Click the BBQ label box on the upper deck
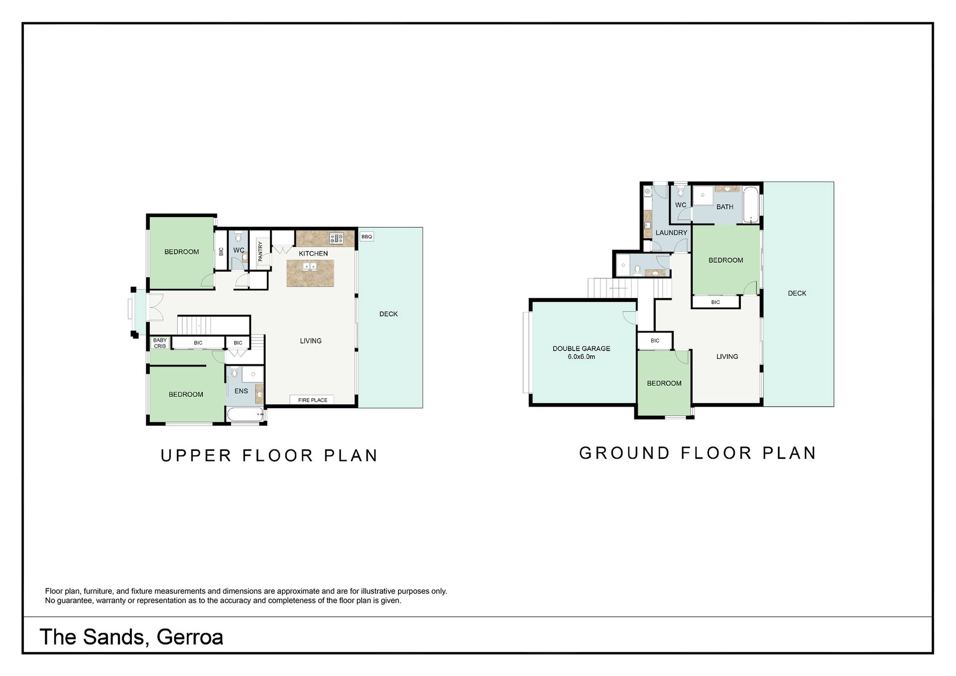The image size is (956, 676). coord(366,236)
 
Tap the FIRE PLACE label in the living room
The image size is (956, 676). coord(313,400)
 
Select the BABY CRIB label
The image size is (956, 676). coord(160,343)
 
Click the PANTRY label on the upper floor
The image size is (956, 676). coord(260,251)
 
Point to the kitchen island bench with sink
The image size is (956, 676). coord(310,273)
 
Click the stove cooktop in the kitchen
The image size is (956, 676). coord(337,238)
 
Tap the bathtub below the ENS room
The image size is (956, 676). coord(245,414)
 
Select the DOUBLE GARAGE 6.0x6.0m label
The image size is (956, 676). coord(581,352)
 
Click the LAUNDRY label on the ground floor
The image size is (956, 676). coord(671,232)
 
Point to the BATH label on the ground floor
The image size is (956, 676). coord(724,207)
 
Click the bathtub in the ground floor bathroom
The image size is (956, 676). coord(750,205)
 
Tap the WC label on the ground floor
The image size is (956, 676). coord(681,205)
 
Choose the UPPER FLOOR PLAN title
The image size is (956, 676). coord(269,455)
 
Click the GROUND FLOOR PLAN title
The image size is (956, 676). coord(698,453)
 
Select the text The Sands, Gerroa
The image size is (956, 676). coord(131,637)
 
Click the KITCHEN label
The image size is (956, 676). coord(313,253)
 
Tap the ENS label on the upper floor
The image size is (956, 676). coord(241,391)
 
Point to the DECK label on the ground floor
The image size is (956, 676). coord(797,293)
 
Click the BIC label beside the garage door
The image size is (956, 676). coord(655,340)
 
